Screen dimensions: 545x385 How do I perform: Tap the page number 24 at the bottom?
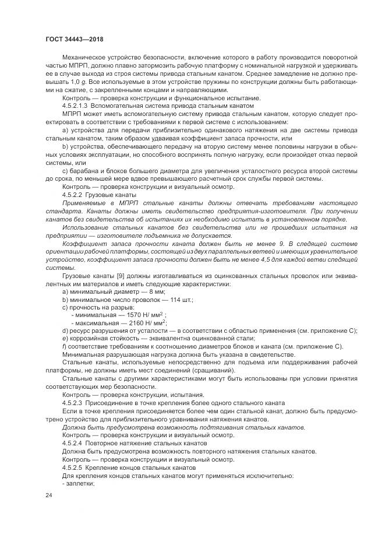(48, 495)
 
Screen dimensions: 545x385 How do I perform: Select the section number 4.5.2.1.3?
(78, 106)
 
